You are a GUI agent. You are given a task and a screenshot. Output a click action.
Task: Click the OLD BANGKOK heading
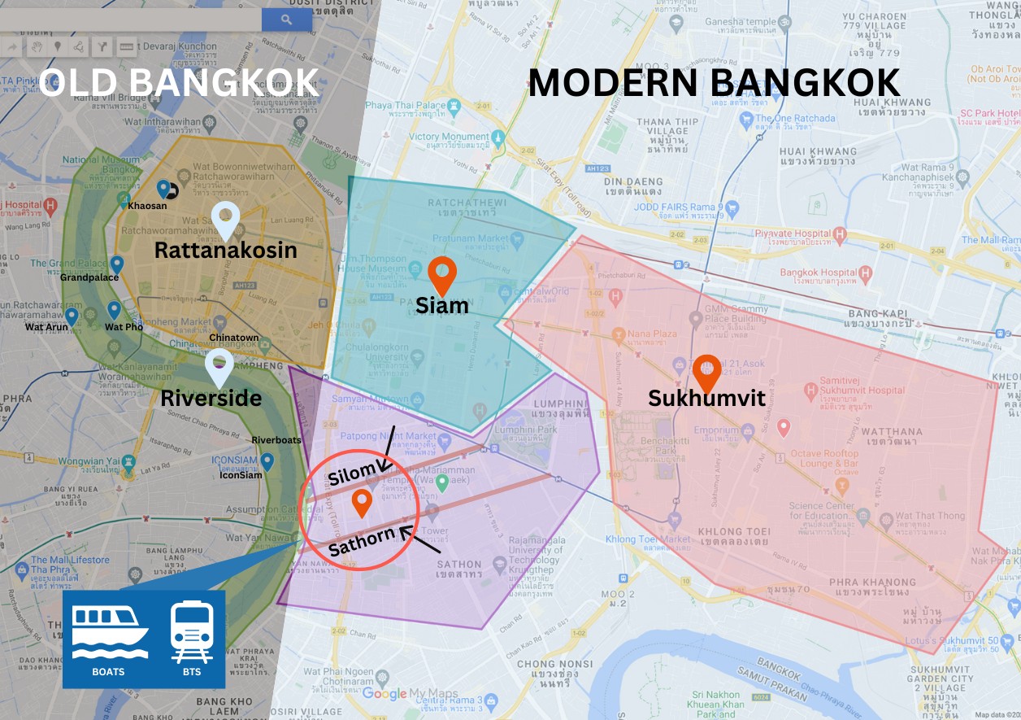coord(178,83)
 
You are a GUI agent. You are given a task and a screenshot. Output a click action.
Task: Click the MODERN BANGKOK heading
coord(714,83)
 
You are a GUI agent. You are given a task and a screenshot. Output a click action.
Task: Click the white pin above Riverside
coord(219,368)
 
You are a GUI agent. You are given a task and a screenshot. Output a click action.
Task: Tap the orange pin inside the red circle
coord(362,503)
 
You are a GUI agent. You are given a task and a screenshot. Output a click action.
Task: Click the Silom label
coord(352,473)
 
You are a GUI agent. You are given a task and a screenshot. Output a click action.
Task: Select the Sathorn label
coord(362,541)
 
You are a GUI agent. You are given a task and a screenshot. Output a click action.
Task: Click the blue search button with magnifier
coord(286,20)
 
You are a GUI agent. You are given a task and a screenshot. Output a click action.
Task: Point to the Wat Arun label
coord(46,327)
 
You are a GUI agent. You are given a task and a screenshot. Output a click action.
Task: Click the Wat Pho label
coord(124,327)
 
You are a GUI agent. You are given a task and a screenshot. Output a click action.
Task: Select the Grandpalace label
coord(89,277)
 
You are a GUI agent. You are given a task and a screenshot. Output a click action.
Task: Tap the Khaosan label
coord(147,206)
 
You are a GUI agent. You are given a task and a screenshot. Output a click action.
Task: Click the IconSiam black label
coord(241,475)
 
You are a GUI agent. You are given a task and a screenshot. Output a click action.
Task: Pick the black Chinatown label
coord(234,338)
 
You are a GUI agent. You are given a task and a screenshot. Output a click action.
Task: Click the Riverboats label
coord(276,440)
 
